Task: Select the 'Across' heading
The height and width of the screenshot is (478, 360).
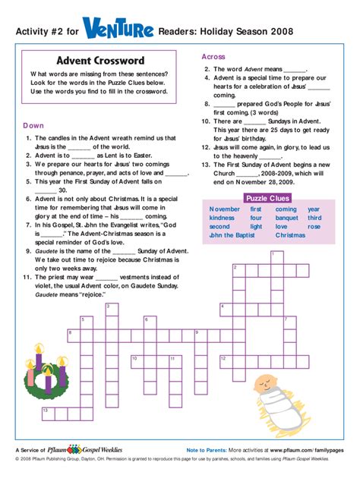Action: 213,57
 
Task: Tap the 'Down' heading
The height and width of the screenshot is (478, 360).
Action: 33,125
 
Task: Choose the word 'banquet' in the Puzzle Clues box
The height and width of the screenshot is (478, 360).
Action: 286,218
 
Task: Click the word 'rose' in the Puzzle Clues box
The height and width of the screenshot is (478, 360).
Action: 314,226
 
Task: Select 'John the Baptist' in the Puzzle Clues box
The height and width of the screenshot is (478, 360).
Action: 233,235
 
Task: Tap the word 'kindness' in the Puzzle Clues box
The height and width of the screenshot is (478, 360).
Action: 223,218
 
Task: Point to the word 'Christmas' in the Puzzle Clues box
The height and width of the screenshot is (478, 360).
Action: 289,235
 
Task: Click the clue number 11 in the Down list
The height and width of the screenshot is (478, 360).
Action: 30,278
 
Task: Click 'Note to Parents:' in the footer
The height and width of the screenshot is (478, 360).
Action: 207,450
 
